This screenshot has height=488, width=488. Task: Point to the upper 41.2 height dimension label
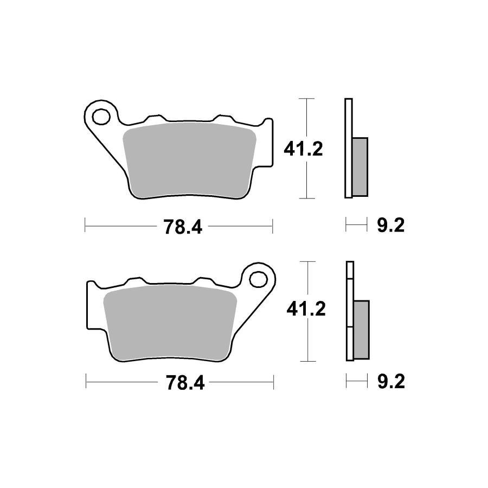click(304, 149)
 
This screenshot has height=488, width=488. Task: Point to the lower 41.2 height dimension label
click(305, 310)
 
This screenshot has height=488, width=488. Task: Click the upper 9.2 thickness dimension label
click(390, 226)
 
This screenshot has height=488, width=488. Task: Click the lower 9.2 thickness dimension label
click(390, 382)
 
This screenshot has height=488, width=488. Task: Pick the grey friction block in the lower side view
click(361, 329)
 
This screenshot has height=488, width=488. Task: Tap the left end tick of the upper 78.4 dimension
click(85, 225)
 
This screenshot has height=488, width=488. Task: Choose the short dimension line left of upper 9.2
click(355, 224)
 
